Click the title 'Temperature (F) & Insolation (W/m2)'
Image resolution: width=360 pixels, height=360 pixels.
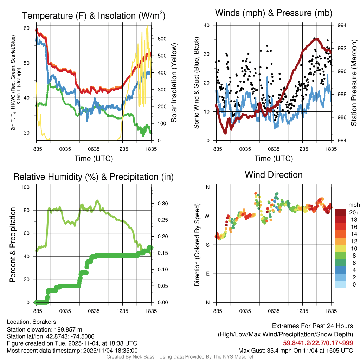[94, 15]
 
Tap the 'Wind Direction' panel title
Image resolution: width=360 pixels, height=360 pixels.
[274, 174]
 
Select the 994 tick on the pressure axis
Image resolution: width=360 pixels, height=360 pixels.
[342, 25]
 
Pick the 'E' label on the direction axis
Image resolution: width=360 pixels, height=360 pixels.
[208, 274]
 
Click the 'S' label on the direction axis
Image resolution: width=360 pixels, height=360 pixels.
[208, 245]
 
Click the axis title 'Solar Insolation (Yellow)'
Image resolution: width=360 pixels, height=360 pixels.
[174, 83]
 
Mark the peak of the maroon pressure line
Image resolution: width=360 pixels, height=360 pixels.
[316, 39]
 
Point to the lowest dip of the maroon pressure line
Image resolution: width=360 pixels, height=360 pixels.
[225, 133]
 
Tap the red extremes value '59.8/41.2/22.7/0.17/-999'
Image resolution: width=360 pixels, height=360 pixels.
[318, 343]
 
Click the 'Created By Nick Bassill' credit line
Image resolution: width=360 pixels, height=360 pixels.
[180, 357]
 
